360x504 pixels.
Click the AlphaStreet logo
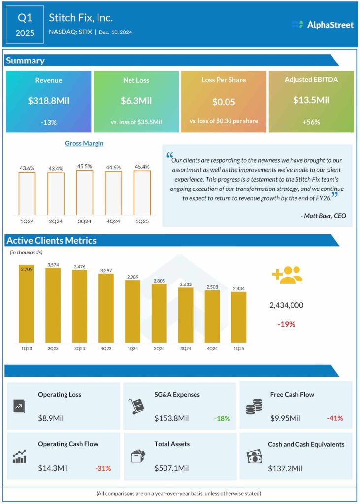pos(322,24)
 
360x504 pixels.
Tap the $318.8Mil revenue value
pos(48,101)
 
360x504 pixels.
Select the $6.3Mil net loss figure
pos(136,101)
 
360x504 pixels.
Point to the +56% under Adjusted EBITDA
pos(311,122)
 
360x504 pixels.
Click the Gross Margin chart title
pos(84,143)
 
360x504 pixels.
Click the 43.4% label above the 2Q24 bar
pos(56,169)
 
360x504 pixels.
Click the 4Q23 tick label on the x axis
pos(106,348)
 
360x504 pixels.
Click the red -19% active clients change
pos(286,324)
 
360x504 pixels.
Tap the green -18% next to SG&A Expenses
pos(222,418)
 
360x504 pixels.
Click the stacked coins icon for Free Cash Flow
pos(254,407)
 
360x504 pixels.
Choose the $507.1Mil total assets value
pos(171,468)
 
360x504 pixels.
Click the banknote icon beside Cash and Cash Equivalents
pos(254,456)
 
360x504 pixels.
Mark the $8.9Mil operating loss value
pos(51,418)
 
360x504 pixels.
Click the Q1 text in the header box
pos(25,18)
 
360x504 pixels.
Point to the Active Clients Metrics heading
pos(51,241)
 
